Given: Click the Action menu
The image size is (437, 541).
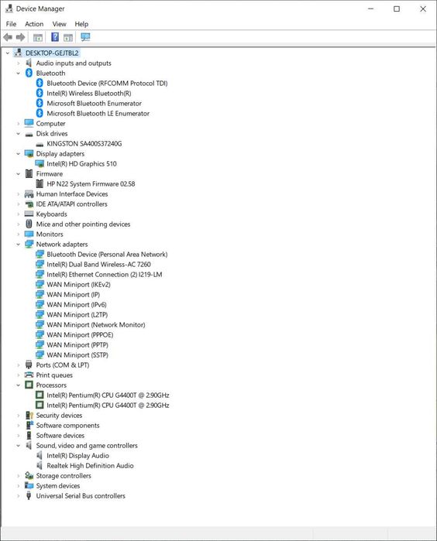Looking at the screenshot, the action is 34,24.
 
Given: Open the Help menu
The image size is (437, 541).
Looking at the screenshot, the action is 81,24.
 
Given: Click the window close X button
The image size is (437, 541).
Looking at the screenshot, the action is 423,9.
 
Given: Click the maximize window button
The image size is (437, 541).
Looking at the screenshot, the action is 397,9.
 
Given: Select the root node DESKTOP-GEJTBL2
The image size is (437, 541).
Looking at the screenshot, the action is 52,53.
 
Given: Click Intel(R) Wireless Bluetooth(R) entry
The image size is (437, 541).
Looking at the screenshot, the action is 89,93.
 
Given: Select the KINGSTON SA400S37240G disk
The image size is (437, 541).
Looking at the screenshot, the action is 84,143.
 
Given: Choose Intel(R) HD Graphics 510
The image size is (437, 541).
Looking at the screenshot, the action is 82,164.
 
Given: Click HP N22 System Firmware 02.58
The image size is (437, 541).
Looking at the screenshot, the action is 91,184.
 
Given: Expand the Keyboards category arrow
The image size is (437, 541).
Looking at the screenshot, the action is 19,214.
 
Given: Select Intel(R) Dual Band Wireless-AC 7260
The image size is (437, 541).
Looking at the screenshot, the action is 99,264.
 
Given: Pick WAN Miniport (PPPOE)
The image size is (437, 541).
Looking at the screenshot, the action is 80,334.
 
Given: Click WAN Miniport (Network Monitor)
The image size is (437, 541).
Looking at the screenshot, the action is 96,324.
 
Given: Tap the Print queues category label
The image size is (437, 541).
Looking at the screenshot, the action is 54,375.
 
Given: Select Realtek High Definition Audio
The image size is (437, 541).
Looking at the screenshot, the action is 90,466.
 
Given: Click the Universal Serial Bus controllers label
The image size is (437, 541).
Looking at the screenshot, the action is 81,496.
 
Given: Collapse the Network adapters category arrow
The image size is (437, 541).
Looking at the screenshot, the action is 19,245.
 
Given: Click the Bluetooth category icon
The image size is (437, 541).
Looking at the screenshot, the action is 29,74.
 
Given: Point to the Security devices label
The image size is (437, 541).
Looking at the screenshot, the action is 59,416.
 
